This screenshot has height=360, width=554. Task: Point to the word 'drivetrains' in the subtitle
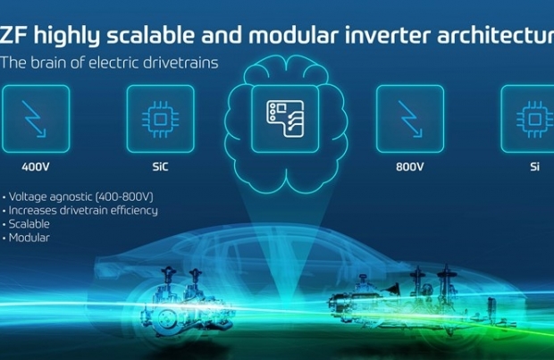(180, 63)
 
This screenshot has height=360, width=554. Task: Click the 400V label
(36, 166)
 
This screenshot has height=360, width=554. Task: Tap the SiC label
(160, 166)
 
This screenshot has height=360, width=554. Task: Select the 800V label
(409, 166)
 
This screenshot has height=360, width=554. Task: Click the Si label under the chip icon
(534, 166)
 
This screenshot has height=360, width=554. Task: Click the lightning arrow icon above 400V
(34, 119)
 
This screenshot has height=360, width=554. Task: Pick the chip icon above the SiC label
(160, 120)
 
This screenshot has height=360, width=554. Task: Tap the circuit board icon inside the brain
(285, 118)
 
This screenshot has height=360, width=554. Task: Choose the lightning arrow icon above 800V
(410, 119)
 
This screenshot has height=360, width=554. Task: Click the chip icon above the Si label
(534, 120)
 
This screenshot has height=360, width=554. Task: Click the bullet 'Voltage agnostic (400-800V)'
(81, 197)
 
